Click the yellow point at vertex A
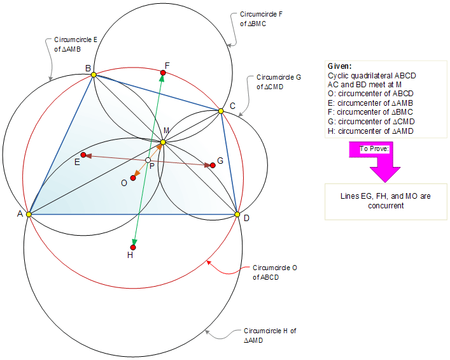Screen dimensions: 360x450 tap(29, 215)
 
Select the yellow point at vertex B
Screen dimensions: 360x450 tap(94, 75)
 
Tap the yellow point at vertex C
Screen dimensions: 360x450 tap(221, 111)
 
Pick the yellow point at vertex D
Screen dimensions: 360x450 tap(237, 215)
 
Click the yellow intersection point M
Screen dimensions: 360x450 tap(163, 142)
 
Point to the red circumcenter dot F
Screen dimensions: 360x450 tap(163, 73)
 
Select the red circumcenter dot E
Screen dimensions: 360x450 tap(83, 155)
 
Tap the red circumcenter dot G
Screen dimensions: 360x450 tap(213, 166)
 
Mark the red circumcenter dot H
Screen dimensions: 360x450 tap(133, 247)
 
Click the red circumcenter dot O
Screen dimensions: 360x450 tap(133, 178)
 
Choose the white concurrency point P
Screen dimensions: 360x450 tap(148, 160)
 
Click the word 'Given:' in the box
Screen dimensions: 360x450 tap(340, 66)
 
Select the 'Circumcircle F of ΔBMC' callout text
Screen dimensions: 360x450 tap(253, 18)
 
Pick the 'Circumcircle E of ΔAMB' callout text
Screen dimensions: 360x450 tap(76, 44)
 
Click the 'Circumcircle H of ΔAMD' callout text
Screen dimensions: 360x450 tap(270, 336)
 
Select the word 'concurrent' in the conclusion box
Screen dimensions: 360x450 tap(385, 205)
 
